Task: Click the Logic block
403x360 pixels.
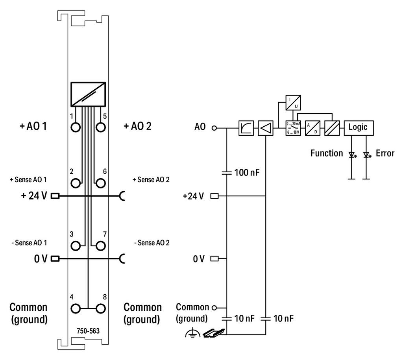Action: pyautogui.click(x=359, y=128)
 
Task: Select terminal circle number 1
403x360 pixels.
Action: pyautogui.click(x=76, y=127)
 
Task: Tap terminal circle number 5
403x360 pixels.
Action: pyautogui.click(x=101, y=127)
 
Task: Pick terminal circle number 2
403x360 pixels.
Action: pyautogui.click(x=76, y=183)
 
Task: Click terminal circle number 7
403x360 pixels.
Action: pyautogui.click(x=101, y=246)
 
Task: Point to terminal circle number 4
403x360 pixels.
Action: pyautogui.click(x=76, y=308)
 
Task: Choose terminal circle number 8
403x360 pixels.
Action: pyautogui.click(x=101, y=308)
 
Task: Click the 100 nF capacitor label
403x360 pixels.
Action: pyautogui.click(x=247, y=172)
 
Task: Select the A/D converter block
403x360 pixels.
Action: pyautogui.click(x=312, y=128)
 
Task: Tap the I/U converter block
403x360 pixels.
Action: pyautogui.click(x=293, y=103)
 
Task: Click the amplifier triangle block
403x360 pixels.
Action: pyautogui.click(x=266, y=128)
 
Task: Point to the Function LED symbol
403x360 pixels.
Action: pyautogui.click(x=352, y=155)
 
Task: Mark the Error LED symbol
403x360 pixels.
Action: pyautogui.click(x=366, y=155)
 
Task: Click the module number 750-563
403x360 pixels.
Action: pyautogui.click(x=88, y=331)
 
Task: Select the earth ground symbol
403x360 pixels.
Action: pyautogui.click(x=192, y=334)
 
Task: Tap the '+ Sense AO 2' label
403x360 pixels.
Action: pyautogui.click(x=151, y=180)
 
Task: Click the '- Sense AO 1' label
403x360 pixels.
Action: pyautogui.click(x=29, y=243)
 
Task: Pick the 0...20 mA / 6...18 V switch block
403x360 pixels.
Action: pyautogui.click(x=293, y=128)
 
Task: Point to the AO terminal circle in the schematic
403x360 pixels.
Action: pyautogui.click(x=214, y=128)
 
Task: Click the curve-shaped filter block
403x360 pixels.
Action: pyautogui.click(x=246, y=128)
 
